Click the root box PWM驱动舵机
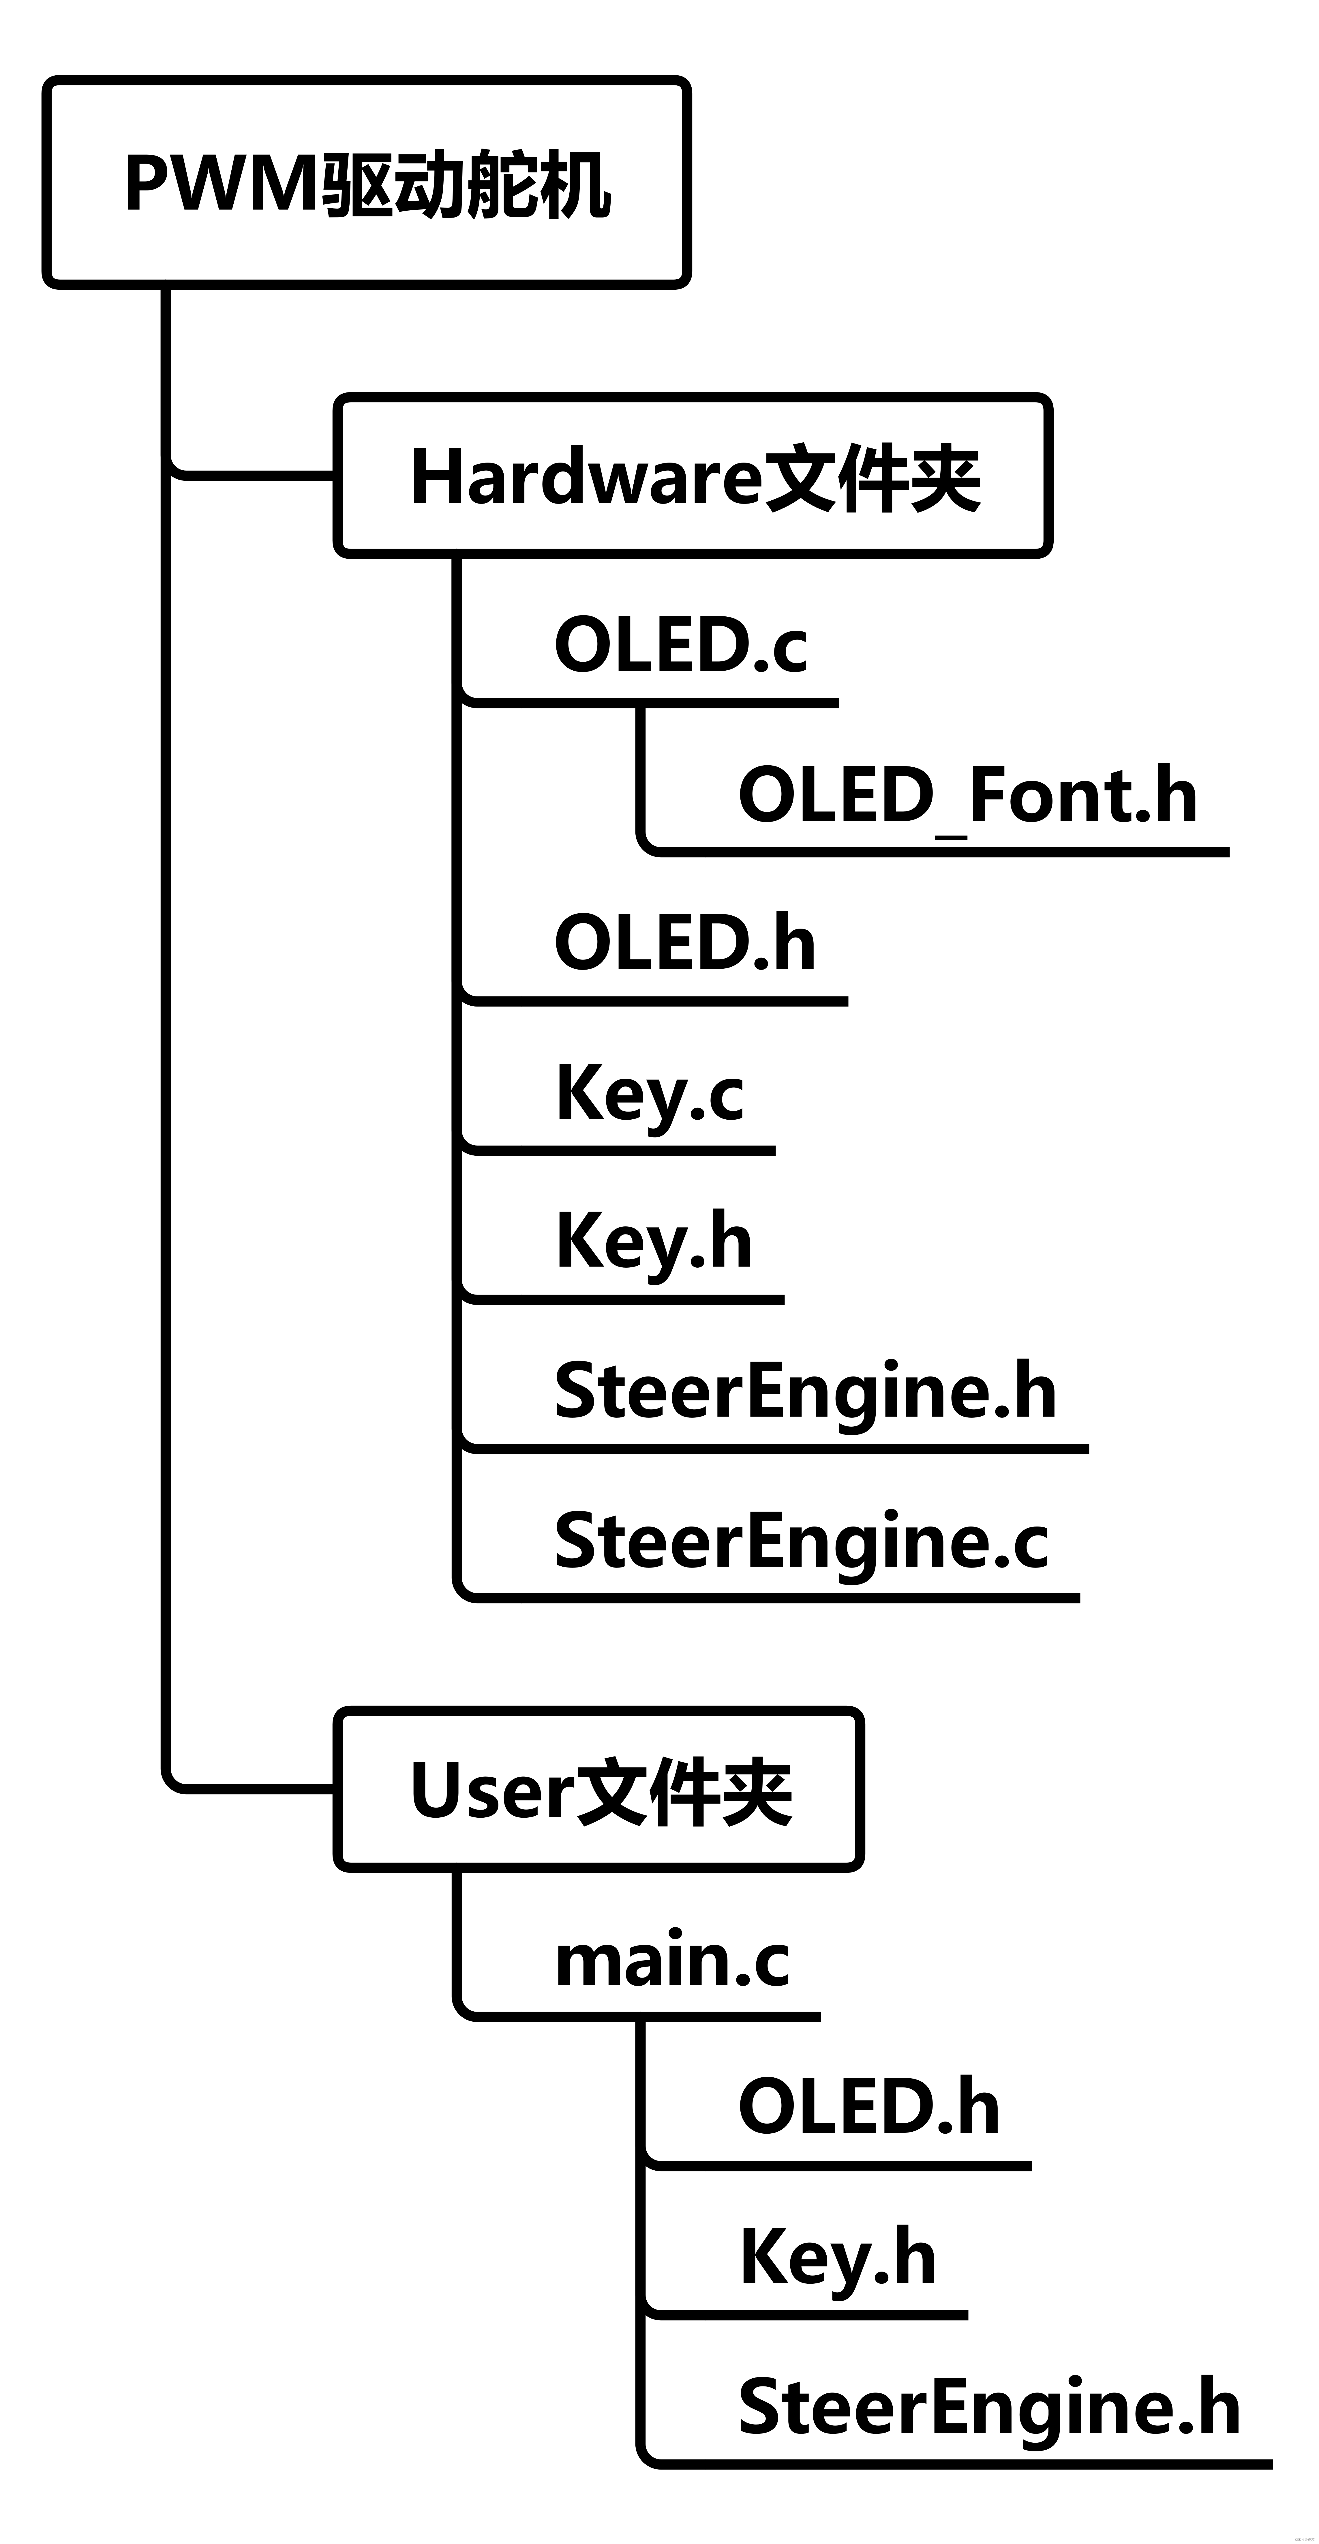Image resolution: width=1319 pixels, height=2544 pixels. click(x=366, y=183)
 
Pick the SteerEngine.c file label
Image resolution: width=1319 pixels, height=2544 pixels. click(x=801, y=1542)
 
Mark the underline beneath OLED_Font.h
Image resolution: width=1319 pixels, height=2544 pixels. click(x=938, y=851)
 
